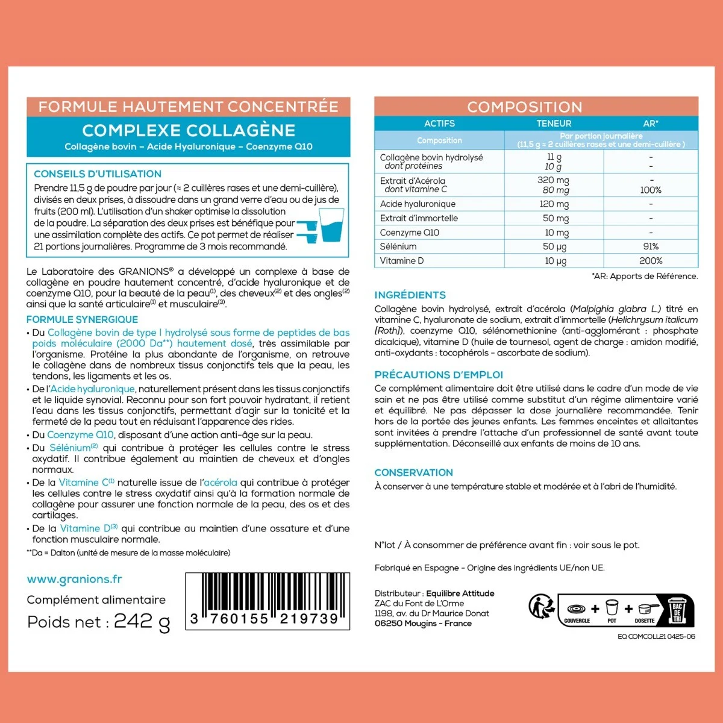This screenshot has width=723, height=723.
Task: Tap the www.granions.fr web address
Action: click(74, 579)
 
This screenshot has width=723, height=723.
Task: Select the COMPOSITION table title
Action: click(525, 107)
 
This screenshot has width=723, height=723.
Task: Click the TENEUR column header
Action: click(554, 124)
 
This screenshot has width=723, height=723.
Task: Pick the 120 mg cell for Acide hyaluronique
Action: click(554, 204)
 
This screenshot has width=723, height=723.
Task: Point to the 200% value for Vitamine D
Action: click(651, 261)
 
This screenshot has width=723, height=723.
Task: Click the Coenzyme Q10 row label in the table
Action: click(410, 233)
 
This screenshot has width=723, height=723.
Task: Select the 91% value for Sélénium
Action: click(651, 246)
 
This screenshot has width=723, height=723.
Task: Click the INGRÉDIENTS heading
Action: click(410, 295)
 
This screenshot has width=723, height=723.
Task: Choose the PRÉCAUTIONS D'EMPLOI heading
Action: click(439, 375)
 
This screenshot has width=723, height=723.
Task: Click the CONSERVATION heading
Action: click(414, 473)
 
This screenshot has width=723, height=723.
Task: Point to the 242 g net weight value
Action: click(142, 622)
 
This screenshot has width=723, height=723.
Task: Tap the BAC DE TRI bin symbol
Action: click(677, 610)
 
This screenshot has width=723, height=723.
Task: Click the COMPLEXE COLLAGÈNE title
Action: click(189, 130)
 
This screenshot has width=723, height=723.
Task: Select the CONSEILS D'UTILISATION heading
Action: click(98, 174)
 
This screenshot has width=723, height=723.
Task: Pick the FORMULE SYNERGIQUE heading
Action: click(82, 319)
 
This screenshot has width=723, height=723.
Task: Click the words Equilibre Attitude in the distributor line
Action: click(460, 593)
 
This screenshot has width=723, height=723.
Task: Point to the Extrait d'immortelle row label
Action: click(419, 218)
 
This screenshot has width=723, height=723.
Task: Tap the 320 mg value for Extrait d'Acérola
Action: click(554, 180)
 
